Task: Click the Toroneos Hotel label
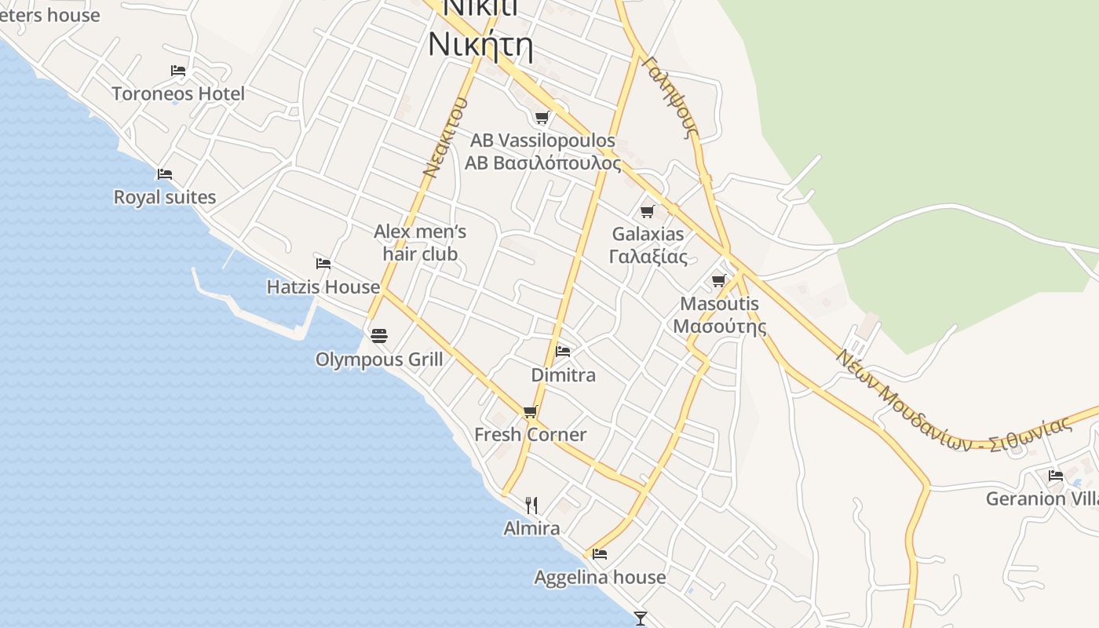[x=178, y=94]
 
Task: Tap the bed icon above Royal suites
[x=164, y=173]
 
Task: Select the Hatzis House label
[x=323, y=287]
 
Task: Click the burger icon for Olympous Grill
[x=379, y=336]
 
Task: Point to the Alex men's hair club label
[x=420, y=243]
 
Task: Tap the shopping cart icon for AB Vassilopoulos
[x=542, y=118]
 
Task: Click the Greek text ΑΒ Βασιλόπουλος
[x=543, y=163]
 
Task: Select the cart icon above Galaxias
[x=648, y=211]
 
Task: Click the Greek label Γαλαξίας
[x=648, y=257]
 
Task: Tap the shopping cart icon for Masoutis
[x=719, y=280]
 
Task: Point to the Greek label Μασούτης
[x=720, y=326]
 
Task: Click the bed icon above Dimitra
[x=563, y=351]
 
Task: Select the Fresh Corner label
[x=531, y=435]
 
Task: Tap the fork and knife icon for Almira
[x=531, y=505]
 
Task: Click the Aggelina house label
[x=600, y=578]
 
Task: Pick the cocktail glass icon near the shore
[x=641, y=619]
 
